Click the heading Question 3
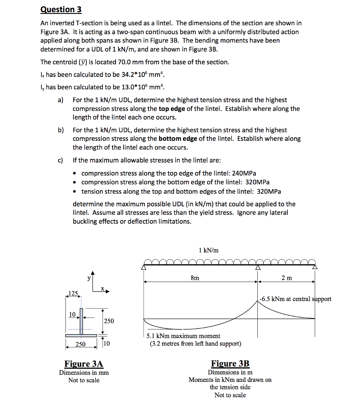tap(61, 9)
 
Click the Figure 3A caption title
tap(84, 364)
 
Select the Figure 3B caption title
tap(230, 364)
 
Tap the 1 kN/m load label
tap(209, 250)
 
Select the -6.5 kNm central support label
tap(296, 299)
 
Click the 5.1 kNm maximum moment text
tap(183, 336)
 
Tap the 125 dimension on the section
tap(73, 293)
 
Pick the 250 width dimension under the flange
tap(81, 344)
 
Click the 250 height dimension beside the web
tap(109, 321)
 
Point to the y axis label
tap(89, 278)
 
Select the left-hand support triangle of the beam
tap(144, 267)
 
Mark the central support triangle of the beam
tap(258, 267)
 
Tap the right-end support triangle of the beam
tap(315, 267)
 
